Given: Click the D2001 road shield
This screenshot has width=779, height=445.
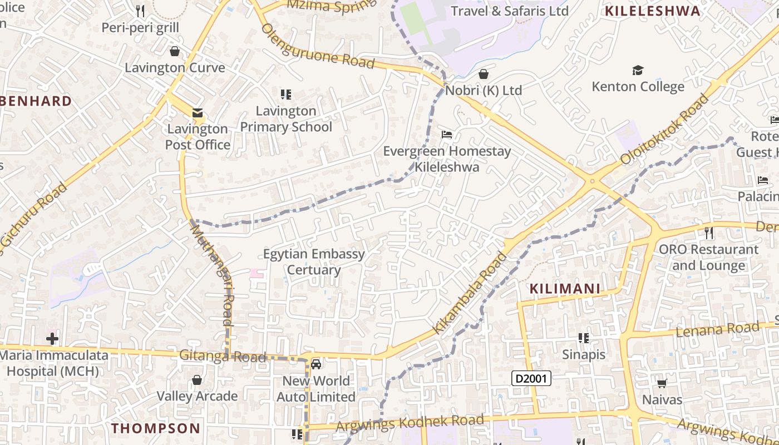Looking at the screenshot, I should point(531,379).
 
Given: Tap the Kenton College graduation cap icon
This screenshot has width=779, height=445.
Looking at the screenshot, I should point(638,71).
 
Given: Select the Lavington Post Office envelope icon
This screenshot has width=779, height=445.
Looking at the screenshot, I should point(197,113).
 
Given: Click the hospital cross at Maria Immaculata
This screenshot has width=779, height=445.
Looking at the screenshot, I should point(52,338).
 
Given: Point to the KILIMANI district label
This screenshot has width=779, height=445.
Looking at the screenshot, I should point(565,289).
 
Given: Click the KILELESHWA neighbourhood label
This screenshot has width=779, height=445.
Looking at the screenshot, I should point(652,11).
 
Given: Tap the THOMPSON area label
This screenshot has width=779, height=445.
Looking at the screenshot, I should point(155,428).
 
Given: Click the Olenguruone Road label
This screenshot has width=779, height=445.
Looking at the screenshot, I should point(318,46).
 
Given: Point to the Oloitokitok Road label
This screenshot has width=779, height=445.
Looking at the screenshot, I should point(664,130).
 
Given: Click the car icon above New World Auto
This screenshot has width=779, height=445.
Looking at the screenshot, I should point(316,364).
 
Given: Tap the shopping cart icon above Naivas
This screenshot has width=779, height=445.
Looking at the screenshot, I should point(662,383).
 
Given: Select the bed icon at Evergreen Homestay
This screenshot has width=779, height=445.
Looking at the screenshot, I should point(447,135).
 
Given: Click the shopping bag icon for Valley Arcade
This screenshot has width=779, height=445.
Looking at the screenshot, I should point(196,380).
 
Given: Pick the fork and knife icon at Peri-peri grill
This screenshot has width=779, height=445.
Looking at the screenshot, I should point(140,11).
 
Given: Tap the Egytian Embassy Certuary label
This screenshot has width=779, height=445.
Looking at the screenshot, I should point(314,262).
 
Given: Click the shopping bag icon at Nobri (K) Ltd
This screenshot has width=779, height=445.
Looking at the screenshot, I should point(484,74).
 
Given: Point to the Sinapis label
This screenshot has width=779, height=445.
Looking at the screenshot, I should point(583,354).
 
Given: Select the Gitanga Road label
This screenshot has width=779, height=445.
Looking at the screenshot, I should point(223,357).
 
